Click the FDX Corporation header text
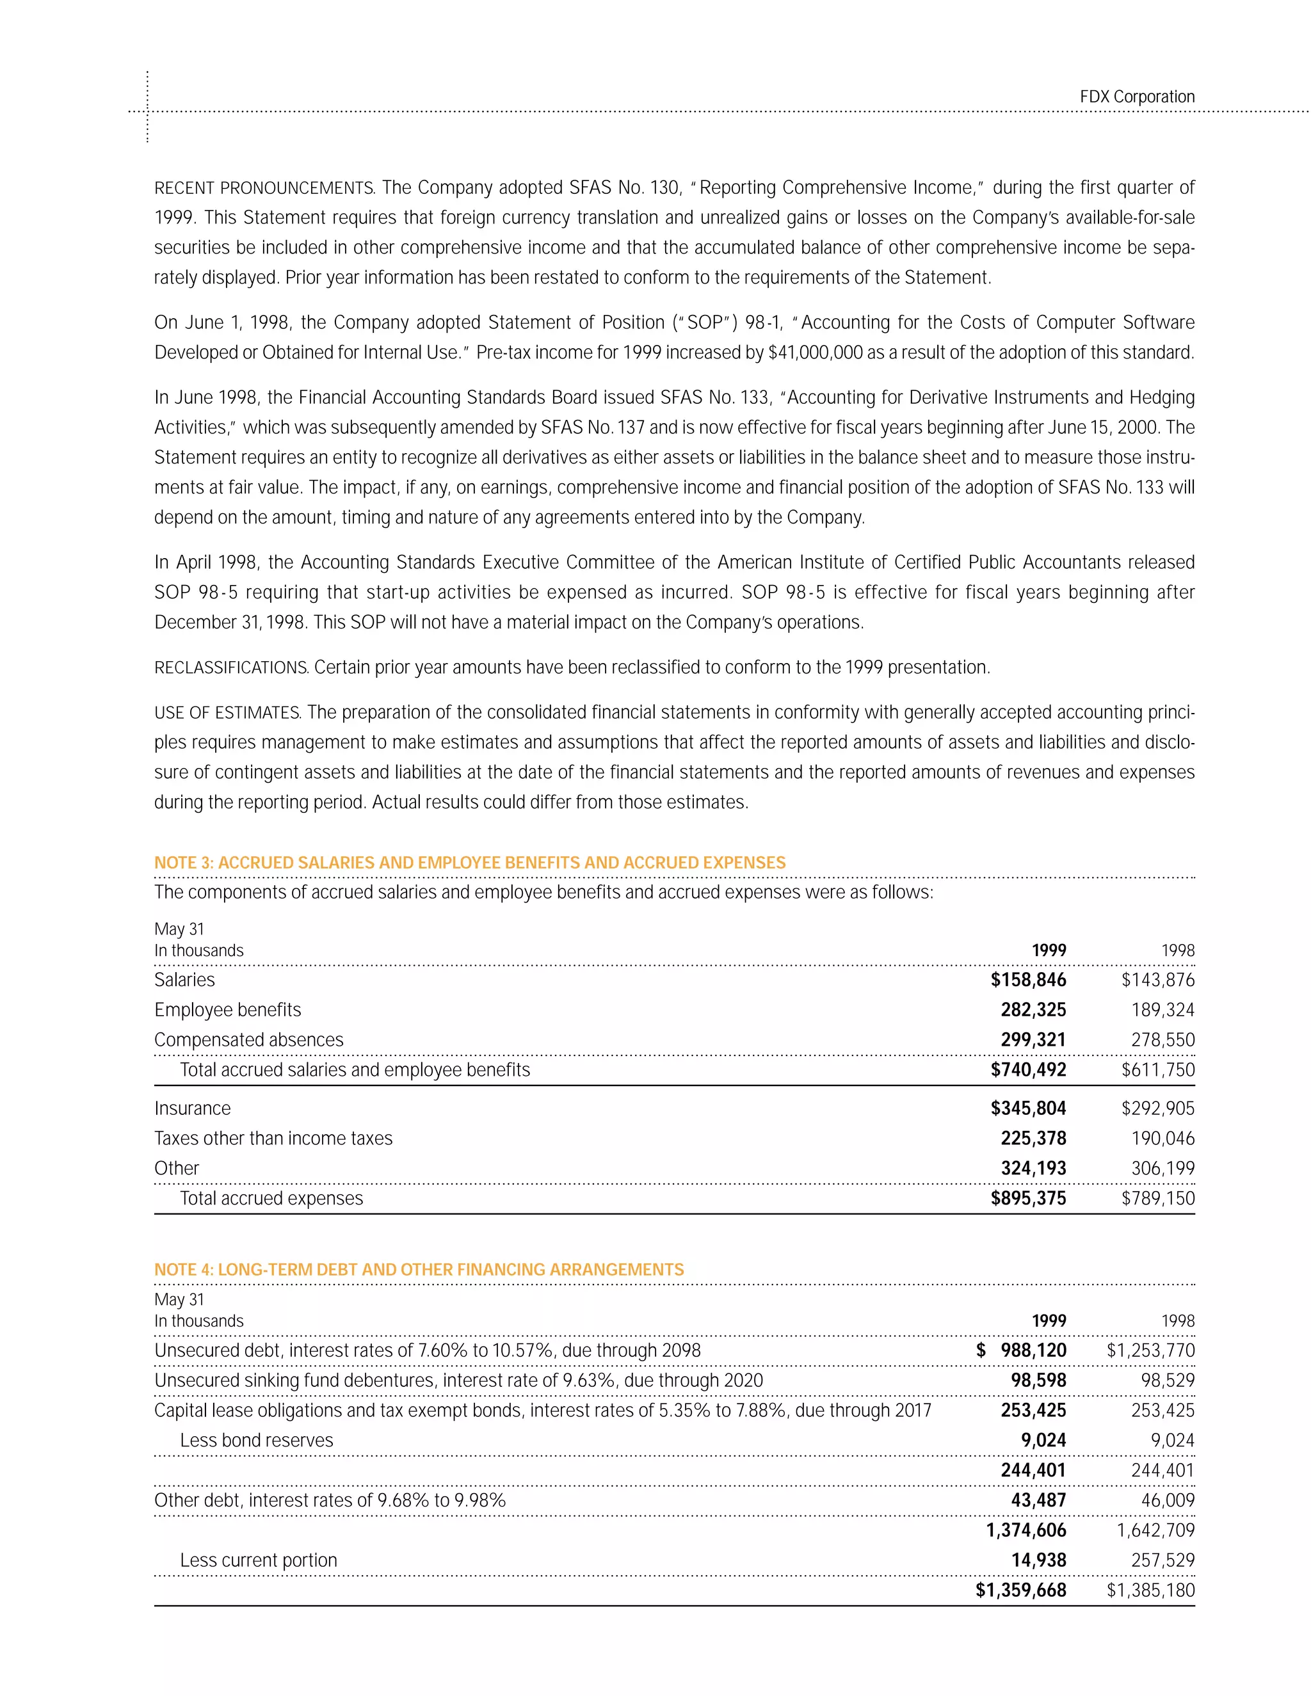(1136, 97)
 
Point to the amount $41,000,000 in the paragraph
(815, 353)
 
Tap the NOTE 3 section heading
(469, 863)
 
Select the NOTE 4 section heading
(419, 1270)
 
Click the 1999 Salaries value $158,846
(1027, 980)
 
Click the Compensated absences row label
(248, 1040)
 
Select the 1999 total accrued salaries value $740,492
(1027, 1070)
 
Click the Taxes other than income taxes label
(273, 1139)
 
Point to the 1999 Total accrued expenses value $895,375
(1027, 1198)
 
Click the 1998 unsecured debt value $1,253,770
(1150, 1350)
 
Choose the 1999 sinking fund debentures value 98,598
(1038, 1380)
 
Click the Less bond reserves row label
(256, 1441)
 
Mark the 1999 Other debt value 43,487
(1038, 1500)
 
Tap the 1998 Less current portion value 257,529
(1162, 1560)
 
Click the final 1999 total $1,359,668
(1020, 1590)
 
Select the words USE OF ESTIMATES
(227, 713)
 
